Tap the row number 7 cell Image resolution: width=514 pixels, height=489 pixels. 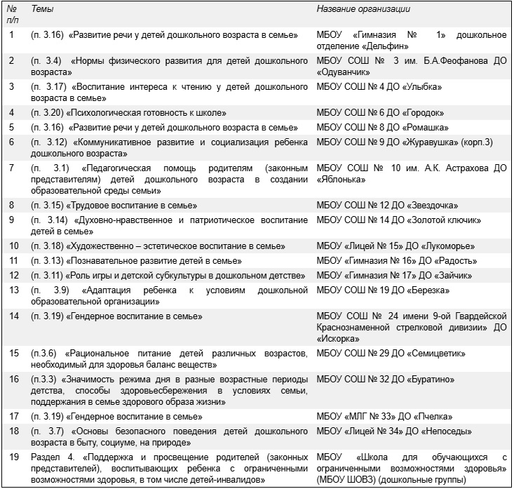tap(12, 168)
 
